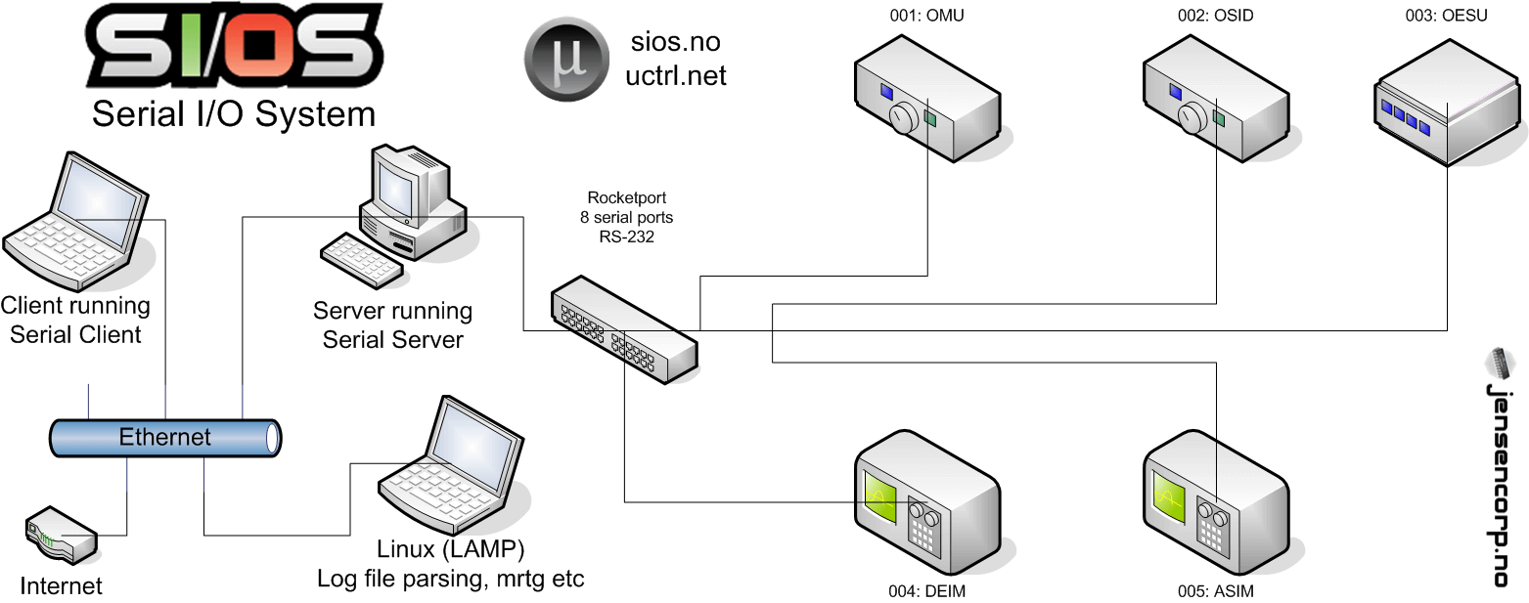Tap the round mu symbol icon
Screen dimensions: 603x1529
[568, 61]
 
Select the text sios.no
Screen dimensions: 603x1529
[676, 42]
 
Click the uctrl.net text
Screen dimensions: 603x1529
[676, 75]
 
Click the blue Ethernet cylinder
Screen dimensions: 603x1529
[164, 437]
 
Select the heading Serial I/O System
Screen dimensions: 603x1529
[234, 113]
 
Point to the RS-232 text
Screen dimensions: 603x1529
[615, 235]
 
